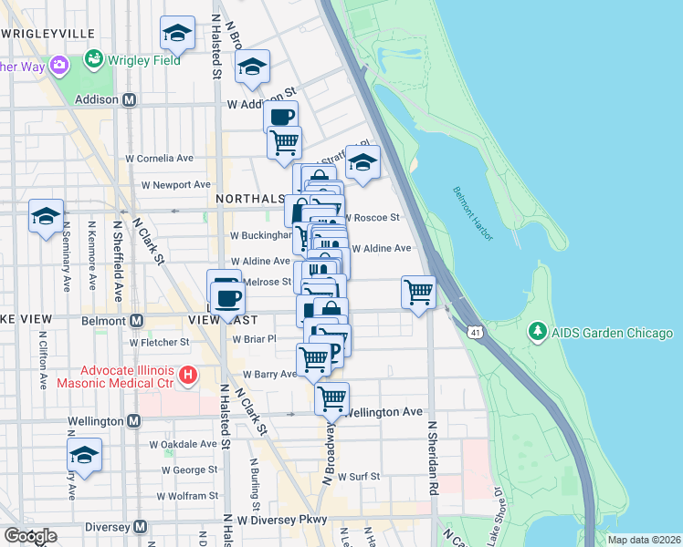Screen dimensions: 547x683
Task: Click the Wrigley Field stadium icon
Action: [93, 60]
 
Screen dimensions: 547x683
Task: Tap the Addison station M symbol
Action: [130, 99]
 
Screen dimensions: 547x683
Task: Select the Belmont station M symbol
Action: [136, 321]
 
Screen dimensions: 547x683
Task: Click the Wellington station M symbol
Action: [133, 421]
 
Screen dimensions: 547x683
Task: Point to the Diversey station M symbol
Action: [140, 526]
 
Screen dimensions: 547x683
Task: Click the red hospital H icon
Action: [188, 375]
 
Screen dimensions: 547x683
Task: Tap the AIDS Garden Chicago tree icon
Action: [538, 332]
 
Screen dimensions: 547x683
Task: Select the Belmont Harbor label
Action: [472, 213]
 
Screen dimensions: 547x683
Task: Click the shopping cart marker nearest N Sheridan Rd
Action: [418, 293]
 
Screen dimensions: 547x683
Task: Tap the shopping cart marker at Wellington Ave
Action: [331, 397]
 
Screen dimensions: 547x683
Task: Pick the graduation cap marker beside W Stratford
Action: [363, 162]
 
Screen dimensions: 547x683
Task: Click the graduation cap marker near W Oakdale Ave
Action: [84, 455]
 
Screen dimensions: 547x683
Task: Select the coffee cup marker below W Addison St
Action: [281, 117]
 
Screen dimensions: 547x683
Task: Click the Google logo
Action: [30, 536]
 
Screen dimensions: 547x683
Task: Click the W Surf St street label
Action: [361, 475]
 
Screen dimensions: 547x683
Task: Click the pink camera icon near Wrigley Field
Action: [60, 65]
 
